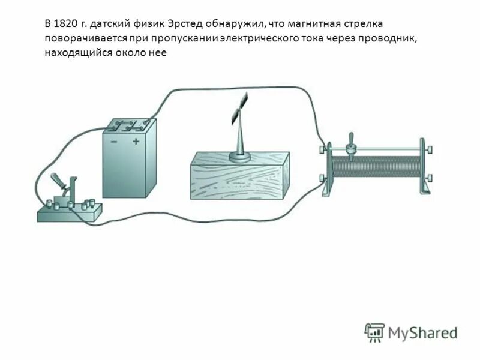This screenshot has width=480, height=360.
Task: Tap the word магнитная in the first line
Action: pyautogui.click(x=316, y=23)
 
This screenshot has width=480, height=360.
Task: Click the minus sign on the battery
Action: pyautogui.click(x=113, y=142)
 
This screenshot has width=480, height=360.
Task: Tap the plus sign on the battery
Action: pyautogui.click(x=136, y=142)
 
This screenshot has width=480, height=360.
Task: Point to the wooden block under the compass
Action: pyautogui.click(x=240, y=180)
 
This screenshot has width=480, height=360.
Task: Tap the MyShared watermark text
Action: pyautogui.click(x=422, y=332)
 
